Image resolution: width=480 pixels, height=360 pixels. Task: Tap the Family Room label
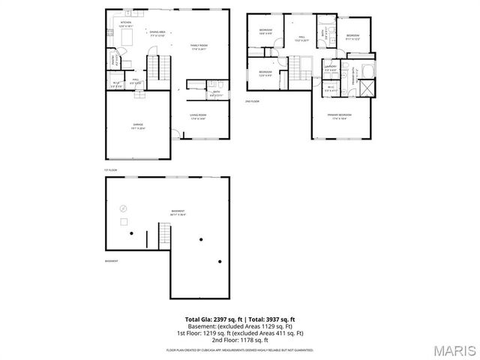(x=199, y=47)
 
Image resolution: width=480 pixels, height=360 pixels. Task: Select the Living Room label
(x=199, y=117)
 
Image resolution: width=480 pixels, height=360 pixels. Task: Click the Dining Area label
(x=157, y=33)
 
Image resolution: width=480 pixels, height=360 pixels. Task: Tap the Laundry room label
(x=330, y=67)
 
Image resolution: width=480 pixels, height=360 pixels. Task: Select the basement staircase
(x=165, y=238)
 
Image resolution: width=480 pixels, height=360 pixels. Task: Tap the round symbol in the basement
(x=124, y=208)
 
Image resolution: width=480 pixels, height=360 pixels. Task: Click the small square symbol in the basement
(x=122, y=221)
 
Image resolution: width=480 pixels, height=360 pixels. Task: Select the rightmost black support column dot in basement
(x=220, y=262)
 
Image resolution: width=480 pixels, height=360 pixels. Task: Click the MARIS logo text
(x=454, y=349)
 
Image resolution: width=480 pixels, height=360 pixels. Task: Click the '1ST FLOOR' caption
(x=111, y=170)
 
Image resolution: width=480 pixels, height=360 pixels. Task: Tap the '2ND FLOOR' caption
(x=253, y=100)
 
